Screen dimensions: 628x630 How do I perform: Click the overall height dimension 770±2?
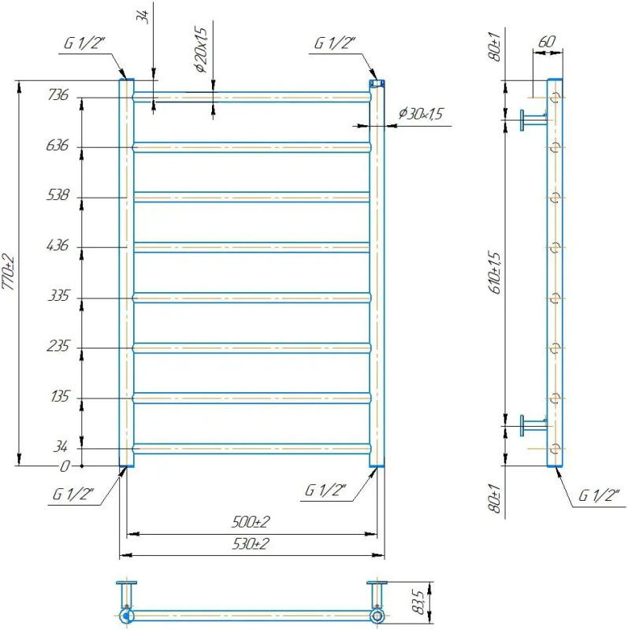[9, 272]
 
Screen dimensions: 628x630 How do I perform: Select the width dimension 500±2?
[251, 522]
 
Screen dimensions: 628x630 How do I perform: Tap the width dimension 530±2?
[251, 543]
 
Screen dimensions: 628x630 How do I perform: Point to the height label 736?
[58, 94]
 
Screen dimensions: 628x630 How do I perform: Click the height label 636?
[58, 145]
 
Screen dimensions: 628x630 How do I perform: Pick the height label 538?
[58, 195]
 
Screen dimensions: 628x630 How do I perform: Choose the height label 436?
[58, 245]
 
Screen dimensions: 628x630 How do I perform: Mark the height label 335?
[58, 296]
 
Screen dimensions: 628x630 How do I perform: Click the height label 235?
[58, 346]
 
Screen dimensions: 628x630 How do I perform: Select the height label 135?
[61, 397]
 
